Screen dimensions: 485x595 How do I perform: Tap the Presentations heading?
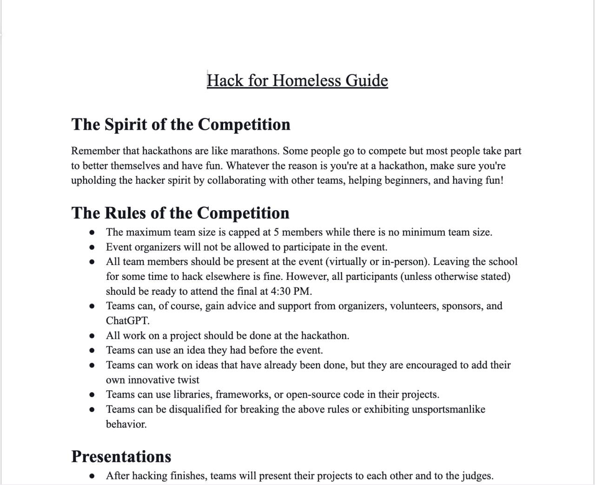(121, 457)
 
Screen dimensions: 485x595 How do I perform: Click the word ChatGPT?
(127, 321)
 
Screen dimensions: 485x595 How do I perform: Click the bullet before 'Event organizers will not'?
(92, 247)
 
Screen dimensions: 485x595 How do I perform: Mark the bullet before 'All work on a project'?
(92, 336)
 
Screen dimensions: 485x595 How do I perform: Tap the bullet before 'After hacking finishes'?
(92, 476)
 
